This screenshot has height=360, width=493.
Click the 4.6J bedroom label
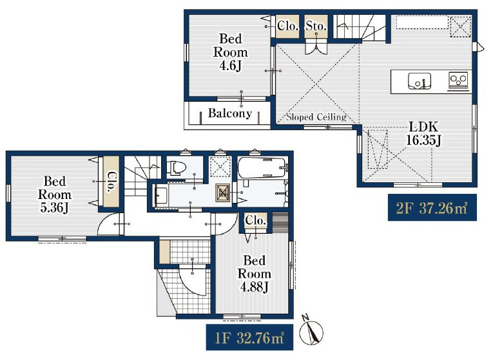pyautogui.click(x=231, y=52)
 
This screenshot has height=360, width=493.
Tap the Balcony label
pyautogui.click(x=230, y=113)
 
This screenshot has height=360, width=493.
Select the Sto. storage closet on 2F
pyautogui.click(x=316, y=26)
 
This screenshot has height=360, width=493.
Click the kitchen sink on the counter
pyautogui.click(x=420, y=81)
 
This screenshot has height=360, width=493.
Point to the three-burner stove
pyautogui.click(x=458, y=80)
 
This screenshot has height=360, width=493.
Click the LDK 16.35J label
pyautogui.click(x=423, y=133)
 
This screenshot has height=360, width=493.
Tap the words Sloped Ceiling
pyautogui.click(x=316, y=117)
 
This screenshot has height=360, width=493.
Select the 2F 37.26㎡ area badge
pyautogui.click(x=432, y=207)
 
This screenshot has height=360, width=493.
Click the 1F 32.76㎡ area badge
pyautogui.click(x=249, y=337)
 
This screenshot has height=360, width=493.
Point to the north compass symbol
pyautogui.click(x=311, y=330)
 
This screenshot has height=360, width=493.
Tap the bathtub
pyautogui.click(x=262, y=167)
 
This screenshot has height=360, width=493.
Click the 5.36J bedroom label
pyautogui.click(x=54, y=194)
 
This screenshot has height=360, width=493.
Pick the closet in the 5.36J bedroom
pyautogui.click(x=111, y=182)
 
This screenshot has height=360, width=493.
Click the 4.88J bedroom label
pyautogui.click(x=254, y=274)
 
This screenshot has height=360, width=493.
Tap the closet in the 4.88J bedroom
pyautogui.click(x=256, y=220)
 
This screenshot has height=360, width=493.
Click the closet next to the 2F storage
pyautogui.click(x=287, y=26)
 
